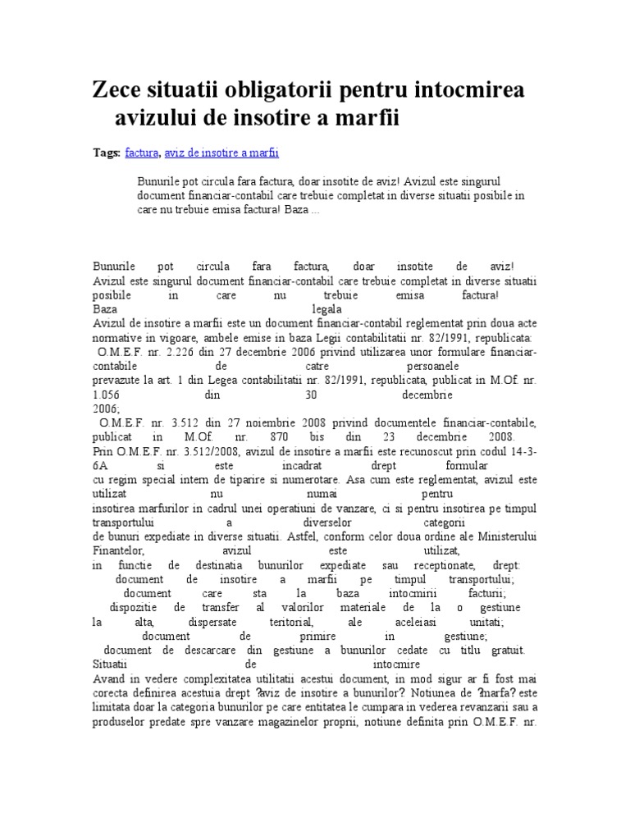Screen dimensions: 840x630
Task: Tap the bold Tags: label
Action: tap(106, 153)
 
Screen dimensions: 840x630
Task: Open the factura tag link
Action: tap(143, 153)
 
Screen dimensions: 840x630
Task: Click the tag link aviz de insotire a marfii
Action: tap(221, 153)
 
